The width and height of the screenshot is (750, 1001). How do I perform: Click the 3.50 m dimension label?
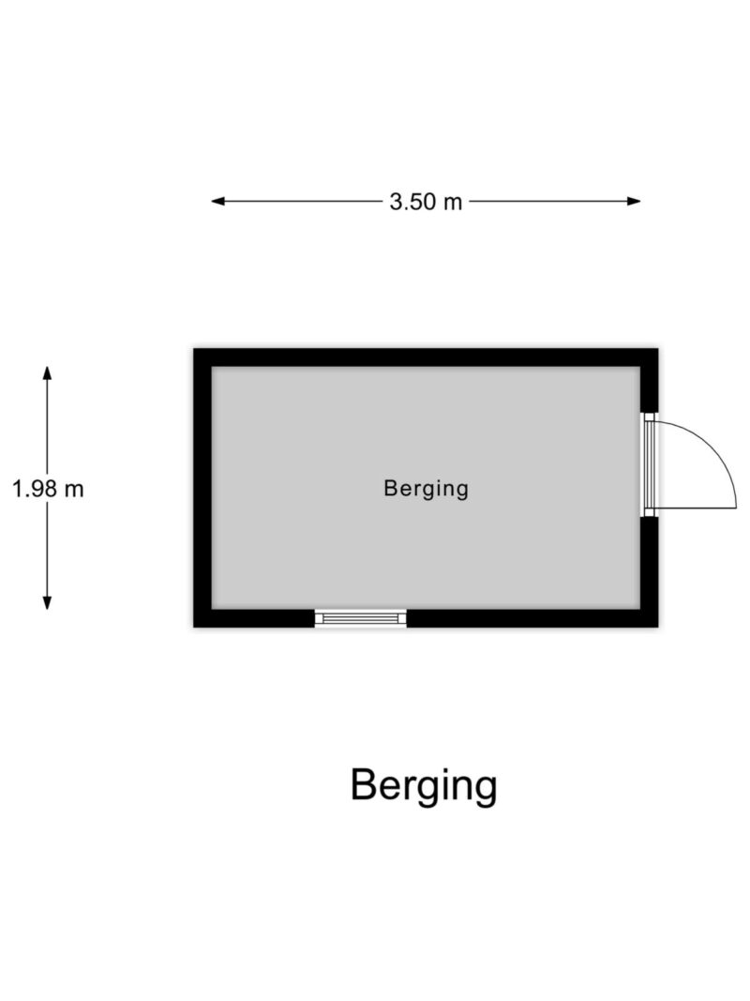pos(426,202)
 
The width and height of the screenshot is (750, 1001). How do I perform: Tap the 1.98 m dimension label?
pos(48,489)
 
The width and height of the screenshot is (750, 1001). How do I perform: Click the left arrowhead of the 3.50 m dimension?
pos(218,201)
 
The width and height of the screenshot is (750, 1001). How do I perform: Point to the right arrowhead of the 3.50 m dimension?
pos(634,201)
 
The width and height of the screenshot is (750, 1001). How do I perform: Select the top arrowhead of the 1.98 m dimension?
pos(47,372)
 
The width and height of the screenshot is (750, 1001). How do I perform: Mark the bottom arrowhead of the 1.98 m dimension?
pos(47,602)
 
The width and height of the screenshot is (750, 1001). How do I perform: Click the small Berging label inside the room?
pos(426,489)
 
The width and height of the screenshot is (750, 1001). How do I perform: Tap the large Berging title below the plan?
pos(424,786)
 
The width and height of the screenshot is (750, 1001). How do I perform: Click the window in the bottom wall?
pos(360,618)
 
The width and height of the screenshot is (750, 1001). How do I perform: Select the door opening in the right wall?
pos(650,464)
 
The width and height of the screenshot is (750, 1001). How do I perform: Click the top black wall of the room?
pos(426,357)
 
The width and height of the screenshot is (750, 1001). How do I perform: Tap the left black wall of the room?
pos(202,488)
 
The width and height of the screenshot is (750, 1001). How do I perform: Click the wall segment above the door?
pos(650,381)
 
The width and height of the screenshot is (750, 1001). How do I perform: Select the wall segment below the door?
pos(650,572)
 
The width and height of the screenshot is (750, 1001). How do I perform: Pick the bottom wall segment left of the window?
pos(254,618)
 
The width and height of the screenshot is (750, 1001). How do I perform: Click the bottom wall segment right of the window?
pos(532,618)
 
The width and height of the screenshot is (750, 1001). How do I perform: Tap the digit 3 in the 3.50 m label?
pos(396,202)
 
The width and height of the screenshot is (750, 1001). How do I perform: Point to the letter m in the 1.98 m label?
pos(74,491)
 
